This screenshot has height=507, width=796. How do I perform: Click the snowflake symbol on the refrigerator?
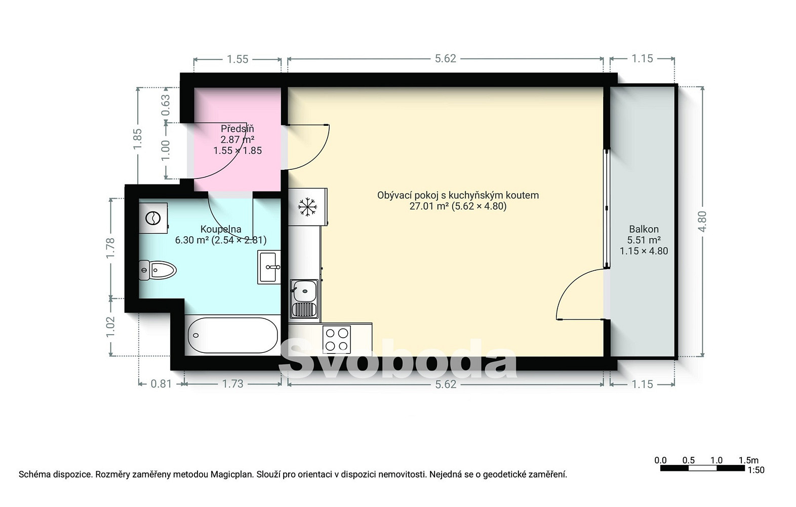point(307,207)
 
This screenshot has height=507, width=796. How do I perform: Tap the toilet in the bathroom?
point(157,270)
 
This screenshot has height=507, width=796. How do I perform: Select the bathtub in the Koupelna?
point(233,335)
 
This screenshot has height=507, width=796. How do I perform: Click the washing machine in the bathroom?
point(153,218)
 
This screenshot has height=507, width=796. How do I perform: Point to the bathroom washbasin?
point(269,267)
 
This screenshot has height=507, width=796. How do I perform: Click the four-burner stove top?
point(337,339)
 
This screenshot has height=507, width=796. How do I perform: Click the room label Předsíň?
point(237,128)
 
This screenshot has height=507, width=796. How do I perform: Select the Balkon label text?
point(644,229)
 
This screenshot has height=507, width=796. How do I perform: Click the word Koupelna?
point(221,229)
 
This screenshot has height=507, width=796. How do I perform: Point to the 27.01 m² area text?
point(429,206)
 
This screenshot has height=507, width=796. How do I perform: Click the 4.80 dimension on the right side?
point(702,221)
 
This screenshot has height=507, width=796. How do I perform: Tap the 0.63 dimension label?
point(166,105)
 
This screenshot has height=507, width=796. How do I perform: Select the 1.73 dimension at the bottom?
point(233,384)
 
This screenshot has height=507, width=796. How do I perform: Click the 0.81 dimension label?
point(161,384)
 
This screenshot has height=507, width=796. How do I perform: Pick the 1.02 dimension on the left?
point(110,327)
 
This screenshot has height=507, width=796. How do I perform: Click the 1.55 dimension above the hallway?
point(237,59)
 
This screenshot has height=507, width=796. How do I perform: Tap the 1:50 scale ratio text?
point(756,470)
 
